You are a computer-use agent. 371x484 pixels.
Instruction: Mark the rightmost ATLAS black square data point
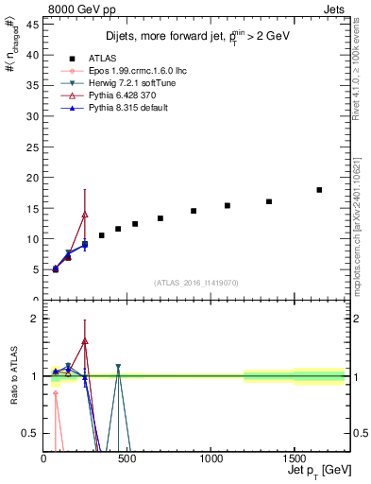pos(319,190)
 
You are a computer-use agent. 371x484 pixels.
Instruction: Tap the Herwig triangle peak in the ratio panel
pos(118,367)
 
